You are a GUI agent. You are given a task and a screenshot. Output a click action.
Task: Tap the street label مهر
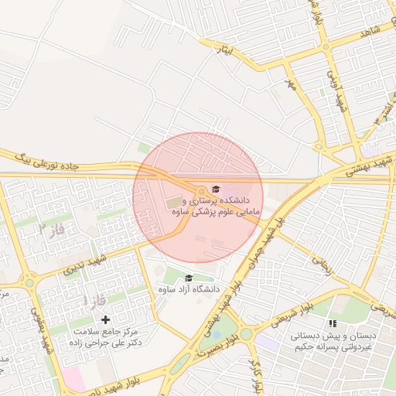[x=290, y=83]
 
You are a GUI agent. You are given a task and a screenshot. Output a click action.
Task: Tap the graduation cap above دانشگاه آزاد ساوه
[x=189, y=278]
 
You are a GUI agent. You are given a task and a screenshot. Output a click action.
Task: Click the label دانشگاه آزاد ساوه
[x=189, y=289]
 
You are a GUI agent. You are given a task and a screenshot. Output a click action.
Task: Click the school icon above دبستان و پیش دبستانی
[x=333, y=323]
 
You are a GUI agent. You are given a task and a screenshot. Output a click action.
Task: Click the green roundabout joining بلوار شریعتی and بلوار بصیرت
[x=246, y=334]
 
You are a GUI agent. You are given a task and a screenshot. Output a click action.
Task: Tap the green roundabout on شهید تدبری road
[x=29, y=283]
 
